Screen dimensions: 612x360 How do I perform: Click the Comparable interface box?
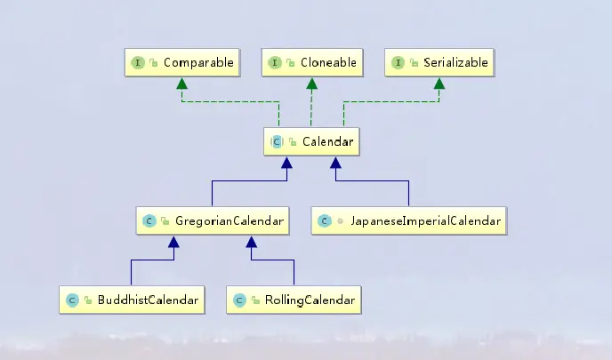181,63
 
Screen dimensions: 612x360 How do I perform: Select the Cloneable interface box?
310,63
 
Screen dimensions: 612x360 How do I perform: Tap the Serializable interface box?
439,63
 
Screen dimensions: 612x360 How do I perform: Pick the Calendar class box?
310,140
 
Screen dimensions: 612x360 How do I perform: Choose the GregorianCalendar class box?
213,220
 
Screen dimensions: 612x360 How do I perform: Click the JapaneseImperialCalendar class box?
409,220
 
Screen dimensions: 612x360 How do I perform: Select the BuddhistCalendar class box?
131,300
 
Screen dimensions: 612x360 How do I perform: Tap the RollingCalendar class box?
294,300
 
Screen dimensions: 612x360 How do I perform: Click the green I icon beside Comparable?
139,63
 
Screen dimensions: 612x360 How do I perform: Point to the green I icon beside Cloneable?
277,63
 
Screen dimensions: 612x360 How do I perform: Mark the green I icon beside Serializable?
398,63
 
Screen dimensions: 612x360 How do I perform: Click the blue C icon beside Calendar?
278,140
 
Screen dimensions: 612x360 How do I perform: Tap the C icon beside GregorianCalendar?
149,220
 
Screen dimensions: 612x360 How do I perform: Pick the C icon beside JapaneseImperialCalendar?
326,220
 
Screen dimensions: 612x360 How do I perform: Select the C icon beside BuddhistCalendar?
73,300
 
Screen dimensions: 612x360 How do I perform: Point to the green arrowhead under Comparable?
181,84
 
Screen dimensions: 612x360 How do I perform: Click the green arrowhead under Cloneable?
310,84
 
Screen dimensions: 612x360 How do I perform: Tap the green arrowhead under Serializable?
439,84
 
